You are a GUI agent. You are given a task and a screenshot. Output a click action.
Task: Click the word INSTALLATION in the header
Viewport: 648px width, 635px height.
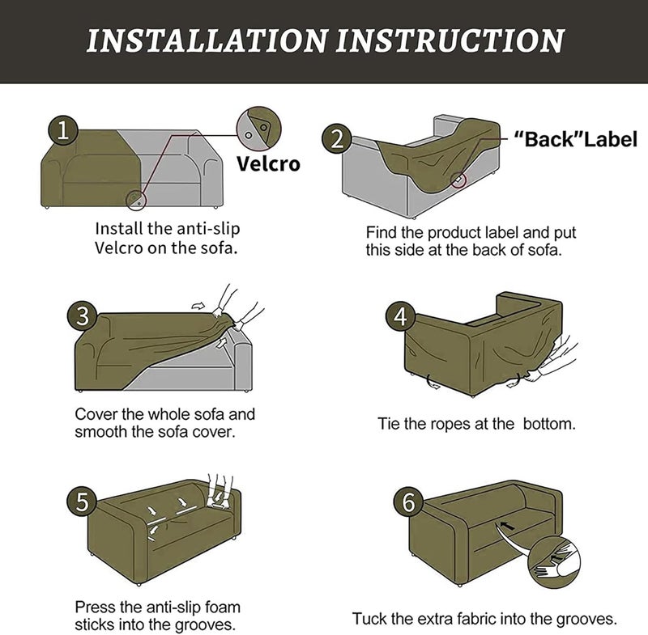(x=207, y=40)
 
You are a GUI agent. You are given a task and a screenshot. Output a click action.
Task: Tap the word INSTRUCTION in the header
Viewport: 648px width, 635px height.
(x=450, y=40)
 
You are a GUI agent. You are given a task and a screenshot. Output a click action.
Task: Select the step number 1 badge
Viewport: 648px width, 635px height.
(x=63, y=130)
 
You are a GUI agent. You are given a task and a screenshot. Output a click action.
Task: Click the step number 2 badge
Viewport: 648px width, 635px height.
(x=337, y=138)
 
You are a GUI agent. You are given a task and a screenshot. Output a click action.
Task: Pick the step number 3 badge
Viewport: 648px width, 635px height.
(x=83, y=316)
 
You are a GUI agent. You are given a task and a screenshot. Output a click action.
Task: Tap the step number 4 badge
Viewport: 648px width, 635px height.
(x=400, y=316)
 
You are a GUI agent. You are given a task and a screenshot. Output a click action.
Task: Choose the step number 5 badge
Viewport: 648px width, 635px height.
(x=83, y=502)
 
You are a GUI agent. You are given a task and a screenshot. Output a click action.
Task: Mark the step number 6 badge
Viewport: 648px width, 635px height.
(x=408, y=502)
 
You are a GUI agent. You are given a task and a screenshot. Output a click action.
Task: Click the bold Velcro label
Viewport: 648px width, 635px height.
(x=269, y=163)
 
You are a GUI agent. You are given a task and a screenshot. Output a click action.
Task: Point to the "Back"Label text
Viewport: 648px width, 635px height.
(x=576, y=139)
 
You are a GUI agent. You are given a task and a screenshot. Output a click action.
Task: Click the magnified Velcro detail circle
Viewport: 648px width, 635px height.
(x=258, y=129)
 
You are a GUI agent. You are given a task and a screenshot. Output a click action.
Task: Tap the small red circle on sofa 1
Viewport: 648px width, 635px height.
(x=136, y=200)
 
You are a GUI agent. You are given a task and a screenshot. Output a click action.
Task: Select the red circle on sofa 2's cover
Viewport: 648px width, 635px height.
(x=458, y=180)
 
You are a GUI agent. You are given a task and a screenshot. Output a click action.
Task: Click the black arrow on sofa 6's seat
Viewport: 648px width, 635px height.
(x=507, y=526)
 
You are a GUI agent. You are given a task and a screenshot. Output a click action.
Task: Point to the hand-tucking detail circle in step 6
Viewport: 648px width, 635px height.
(x=555, y=563)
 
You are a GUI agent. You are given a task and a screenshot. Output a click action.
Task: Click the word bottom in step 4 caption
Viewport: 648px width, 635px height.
(x=549, y=424)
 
